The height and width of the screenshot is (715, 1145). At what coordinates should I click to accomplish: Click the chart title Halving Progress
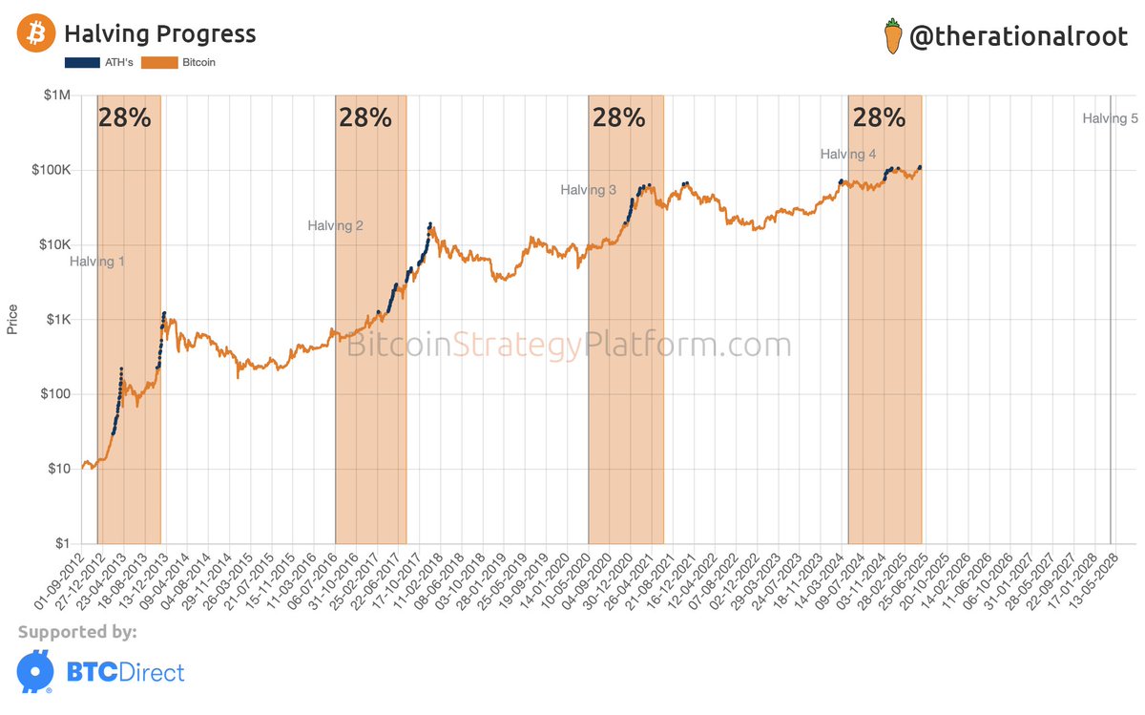point(159,34)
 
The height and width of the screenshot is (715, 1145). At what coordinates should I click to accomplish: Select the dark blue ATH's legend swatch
point(82,63)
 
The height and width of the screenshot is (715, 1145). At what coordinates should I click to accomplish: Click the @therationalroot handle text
point(1018,36)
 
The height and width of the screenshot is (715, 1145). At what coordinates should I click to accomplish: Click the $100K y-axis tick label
point(56,170)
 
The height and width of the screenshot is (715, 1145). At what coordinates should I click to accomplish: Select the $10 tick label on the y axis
point(63,469)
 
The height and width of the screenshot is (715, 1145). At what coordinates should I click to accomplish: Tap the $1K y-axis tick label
point(61,320)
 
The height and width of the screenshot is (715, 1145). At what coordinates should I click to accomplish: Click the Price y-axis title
point(12,319)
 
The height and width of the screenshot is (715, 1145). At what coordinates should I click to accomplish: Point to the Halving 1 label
point(97,262)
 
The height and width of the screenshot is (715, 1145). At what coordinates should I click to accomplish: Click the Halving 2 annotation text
point(335,226)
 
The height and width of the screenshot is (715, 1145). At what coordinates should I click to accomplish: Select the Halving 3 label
point(588,190)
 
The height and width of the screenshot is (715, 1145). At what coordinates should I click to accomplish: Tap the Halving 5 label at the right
point(1110,119)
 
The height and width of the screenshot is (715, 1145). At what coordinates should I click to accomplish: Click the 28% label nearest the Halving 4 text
point(879,118)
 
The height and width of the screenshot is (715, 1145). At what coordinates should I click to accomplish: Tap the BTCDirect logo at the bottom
point(101,672)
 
